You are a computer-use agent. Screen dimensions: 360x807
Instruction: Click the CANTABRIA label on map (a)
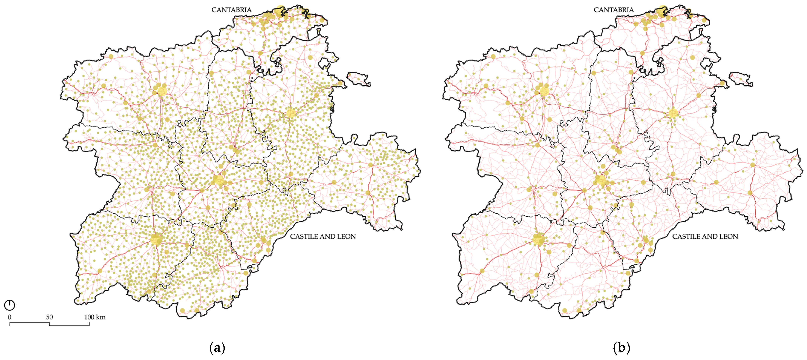click(x=231, y=10)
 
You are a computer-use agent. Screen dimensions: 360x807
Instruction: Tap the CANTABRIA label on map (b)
click(x=613, y=10)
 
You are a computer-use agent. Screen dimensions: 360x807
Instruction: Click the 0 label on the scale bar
click(x=10, y=317)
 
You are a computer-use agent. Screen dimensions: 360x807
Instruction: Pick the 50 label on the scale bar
click(x=50, y=317)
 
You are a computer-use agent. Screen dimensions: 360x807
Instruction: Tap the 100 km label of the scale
click(x=95, y=317)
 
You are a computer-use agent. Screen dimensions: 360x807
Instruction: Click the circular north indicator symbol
click(x=10, y=305)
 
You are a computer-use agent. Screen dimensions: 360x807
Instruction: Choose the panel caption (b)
click(x=621, y=348)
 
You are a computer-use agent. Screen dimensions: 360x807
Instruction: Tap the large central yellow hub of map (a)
click(x=218, y=180)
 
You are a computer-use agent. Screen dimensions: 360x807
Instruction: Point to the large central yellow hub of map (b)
click(x=601, y=180)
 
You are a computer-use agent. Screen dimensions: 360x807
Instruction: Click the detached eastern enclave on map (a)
click(x=359, y=79)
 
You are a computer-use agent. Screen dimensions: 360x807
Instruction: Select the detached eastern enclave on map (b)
click(x=741, y=79)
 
